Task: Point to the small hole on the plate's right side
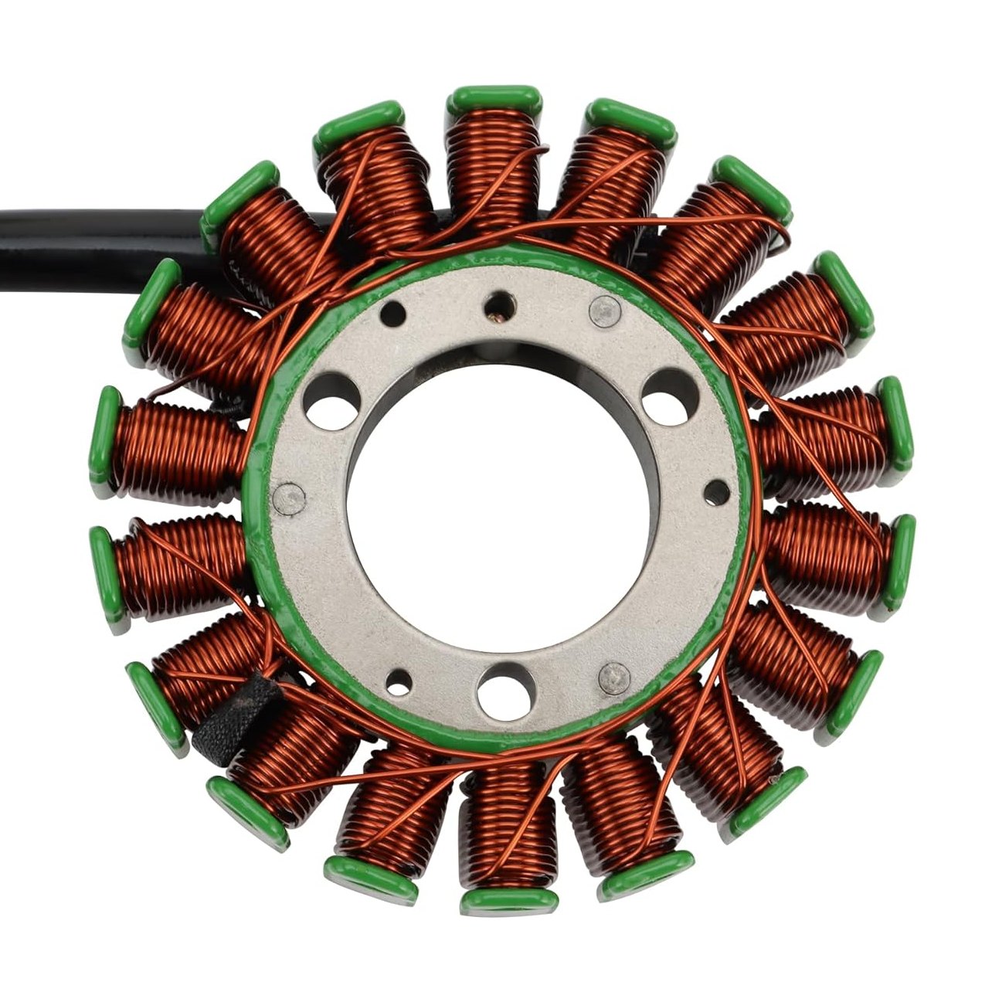click(x=717, y=492)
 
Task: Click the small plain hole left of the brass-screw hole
click(x=393, y=314)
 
